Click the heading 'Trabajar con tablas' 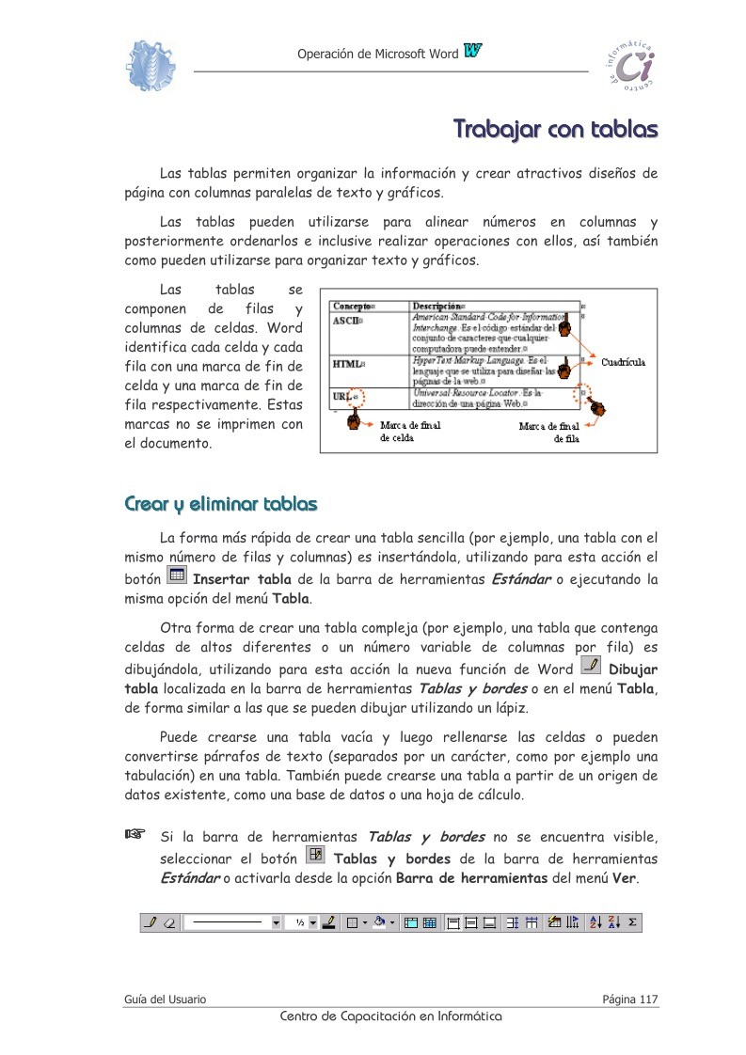point(555,128)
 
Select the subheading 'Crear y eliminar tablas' point(220,505)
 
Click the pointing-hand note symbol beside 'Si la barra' point(136,833)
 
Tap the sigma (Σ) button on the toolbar point(632,923)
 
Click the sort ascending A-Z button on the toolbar point(595,923)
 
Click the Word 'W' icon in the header point(472,52)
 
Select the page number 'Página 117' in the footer point(629,999)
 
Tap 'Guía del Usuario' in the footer point(166,999)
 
